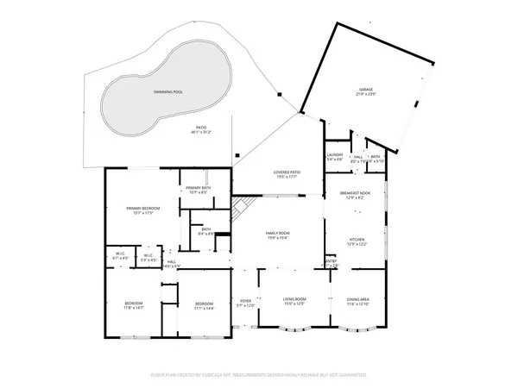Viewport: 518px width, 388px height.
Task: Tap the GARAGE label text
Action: tap(366, 91)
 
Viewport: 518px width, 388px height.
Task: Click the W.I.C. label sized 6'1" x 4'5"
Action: tap(121, 256)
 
